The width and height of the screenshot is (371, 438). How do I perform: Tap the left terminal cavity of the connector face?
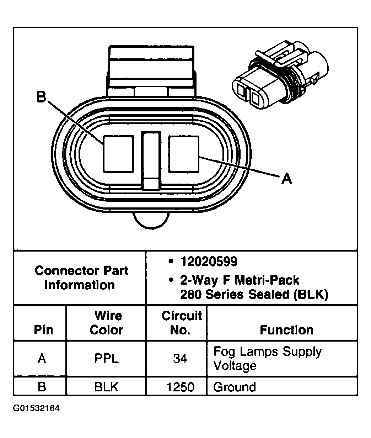[x=118, y=154]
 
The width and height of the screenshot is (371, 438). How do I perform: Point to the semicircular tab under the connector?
[x=151, y=220]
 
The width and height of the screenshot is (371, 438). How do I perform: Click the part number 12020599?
[x=209, y=262]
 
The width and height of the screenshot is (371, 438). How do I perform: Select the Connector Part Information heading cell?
[x=81, y=278]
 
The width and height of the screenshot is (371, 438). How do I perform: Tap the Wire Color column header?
[x=106, y=323]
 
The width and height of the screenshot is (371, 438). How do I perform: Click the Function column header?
[x=286, y=330]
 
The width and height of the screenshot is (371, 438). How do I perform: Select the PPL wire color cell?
[x=106, y=358]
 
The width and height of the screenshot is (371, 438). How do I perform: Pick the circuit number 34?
[x=180, y=358]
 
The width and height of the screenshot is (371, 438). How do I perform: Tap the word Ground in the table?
[x=235, y=387]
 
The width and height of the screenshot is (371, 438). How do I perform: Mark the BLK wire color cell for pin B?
[x=106, y=387]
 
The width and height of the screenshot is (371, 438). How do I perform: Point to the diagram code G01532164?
[x=36, y=408]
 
